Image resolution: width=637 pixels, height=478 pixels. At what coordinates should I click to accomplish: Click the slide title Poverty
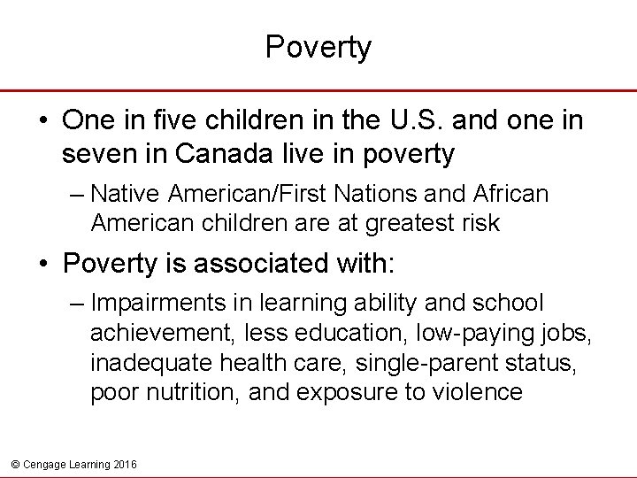(x=318, y=48)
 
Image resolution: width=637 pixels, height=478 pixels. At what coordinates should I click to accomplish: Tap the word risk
(x=480, y=224)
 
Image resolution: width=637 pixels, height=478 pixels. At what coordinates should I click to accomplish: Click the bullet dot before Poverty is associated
(x=42, y=263)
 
